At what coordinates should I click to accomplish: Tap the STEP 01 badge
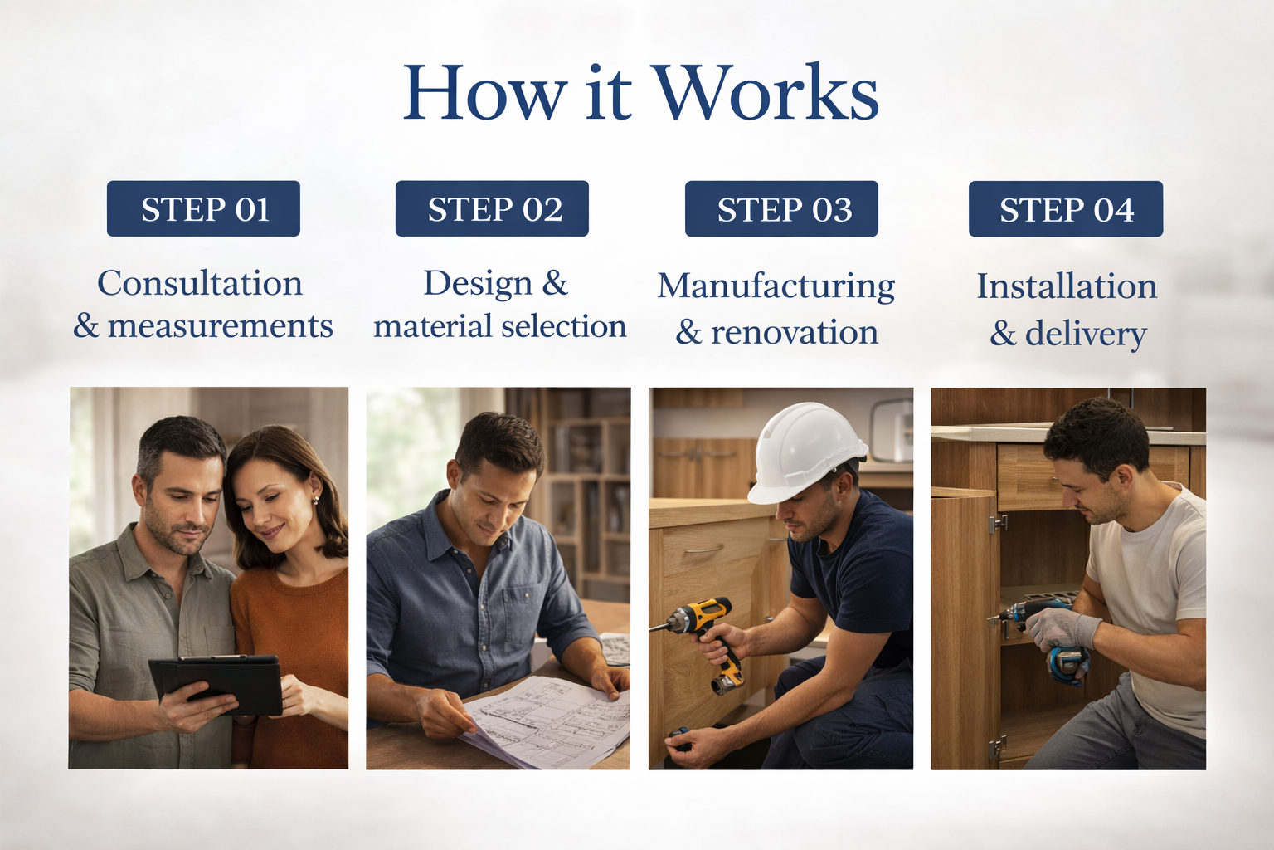pyautogui.click(x=203, y=208)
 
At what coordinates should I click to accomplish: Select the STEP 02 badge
pyautogui.click(x=492, y=208)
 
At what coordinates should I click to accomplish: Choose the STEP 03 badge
pyautogui.click(x=781, y=209)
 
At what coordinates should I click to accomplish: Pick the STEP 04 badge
pyautogui.click(x=1066, y=209)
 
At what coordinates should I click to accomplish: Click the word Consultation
pyautogui.click(x=200, y=283)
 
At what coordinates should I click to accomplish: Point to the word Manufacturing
pyautogui.click(x=776, y=286)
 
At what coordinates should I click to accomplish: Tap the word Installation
pyautogui.click(x=1067, y=286)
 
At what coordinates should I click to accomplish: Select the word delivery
pyautogui.click(x=1086, y=335)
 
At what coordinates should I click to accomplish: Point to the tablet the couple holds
pyautogui.click(x=216, y=683)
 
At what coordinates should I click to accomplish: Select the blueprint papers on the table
pyautogui.click(x=546, y=721)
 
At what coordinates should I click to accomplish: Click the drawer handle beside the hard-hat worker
pyautogui.click(x=703, y=550)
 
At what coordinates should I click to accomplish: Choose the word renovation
pyautogui.click(x=795, y=333)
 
